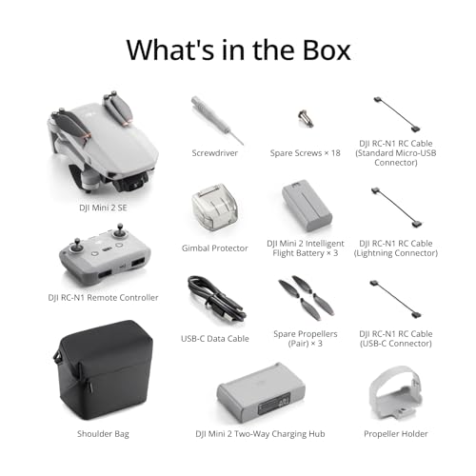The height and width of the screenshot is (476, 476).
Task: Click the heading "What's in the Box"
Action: pyautogui.click(x=238, y=48)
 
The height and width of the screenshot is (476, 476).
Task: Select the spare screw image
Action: pyautogui.click(x=306, y=118)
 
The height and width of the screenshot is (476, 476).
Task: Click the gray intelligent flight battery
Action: pyautogui.click(x=307, y=204)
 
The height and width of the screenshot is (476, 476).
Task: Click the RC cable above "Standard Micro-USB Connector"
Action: pyautogui.click(x=396, y=111)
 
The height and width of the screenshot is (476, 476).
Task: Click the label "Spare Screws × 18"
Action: pyautogui.click(x=306, y=152)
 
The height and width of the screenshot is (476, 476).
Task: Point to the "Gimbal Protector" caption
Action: pyautogui.click(x=215, y=248)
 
